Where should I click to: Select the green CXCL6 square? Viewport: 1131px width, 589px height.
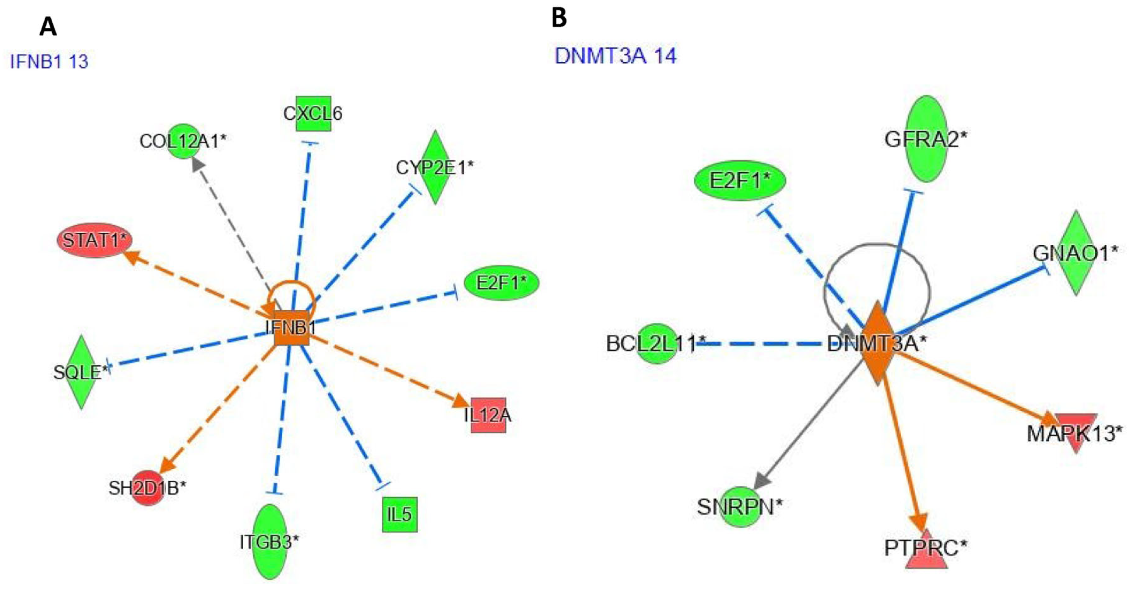click(313, 114)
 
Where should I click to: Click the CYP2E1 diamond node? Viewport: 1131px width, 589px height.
click(435, 167)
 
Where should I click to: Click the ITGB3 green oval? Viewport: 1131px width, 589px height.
click(270, 542)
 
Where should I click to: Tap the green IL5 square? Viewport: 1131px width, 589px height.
click(399, 514)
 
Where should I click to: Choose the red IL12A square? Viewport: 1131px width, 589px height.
click(488, 415)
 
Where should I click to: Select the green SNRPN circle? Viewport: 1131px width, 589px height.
click(741, 507)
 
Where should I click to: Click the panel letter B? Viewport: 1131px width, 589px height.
click(559, 19)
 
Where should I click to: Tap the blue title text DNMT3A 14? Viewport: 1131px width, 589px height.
click(616, 56)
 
